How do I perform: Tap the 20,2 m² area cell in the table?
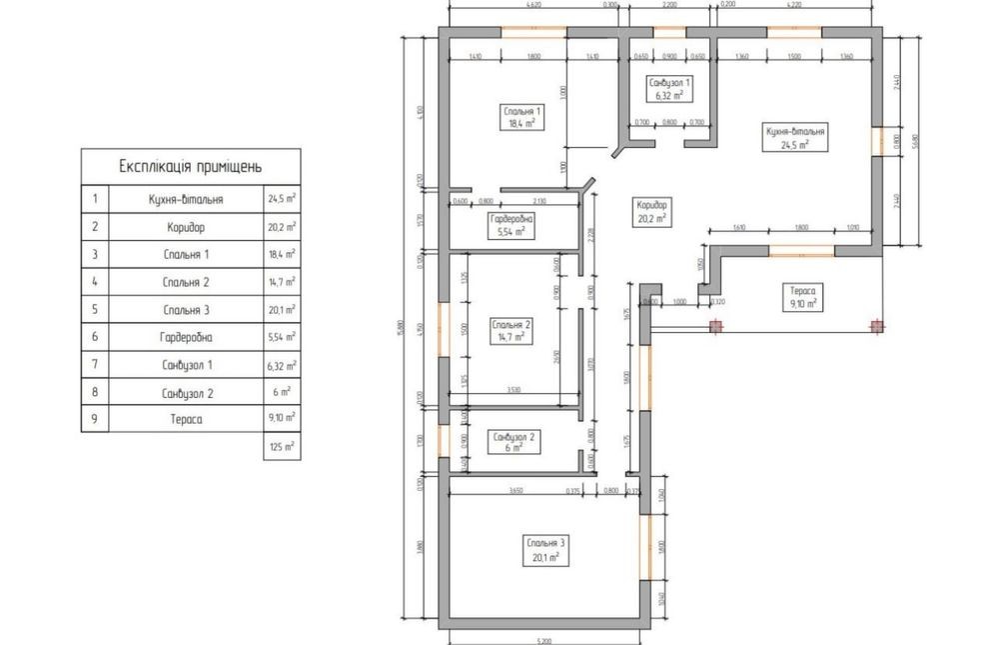[x=281, y=227]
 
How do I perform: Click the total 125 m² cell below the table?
[x=281, y=447]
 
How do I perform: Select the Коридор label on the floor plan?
[x=651, y=209]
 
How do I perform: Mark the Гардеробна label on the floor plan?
[x=509, y=224]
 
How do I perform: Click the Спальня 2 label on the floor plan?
[x=510, y=330]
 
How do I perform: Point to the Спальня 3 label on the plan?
[x=545, y=549]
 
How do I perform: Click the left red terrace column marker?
[x=715, y=325]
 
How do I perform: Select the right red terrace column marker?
[x=877, y=325]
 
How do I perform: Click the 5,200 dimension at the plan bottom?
[x=544, y=640]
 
